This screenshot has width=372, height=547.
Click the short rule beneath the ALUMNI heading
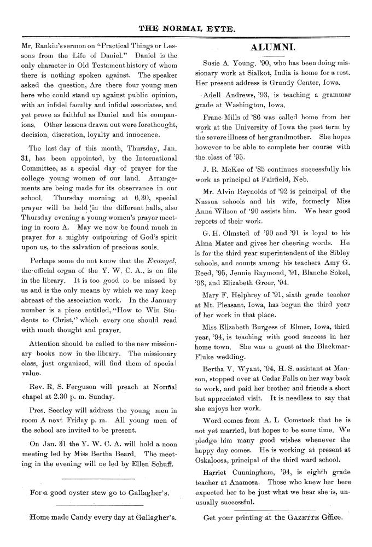click(272, 56)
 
